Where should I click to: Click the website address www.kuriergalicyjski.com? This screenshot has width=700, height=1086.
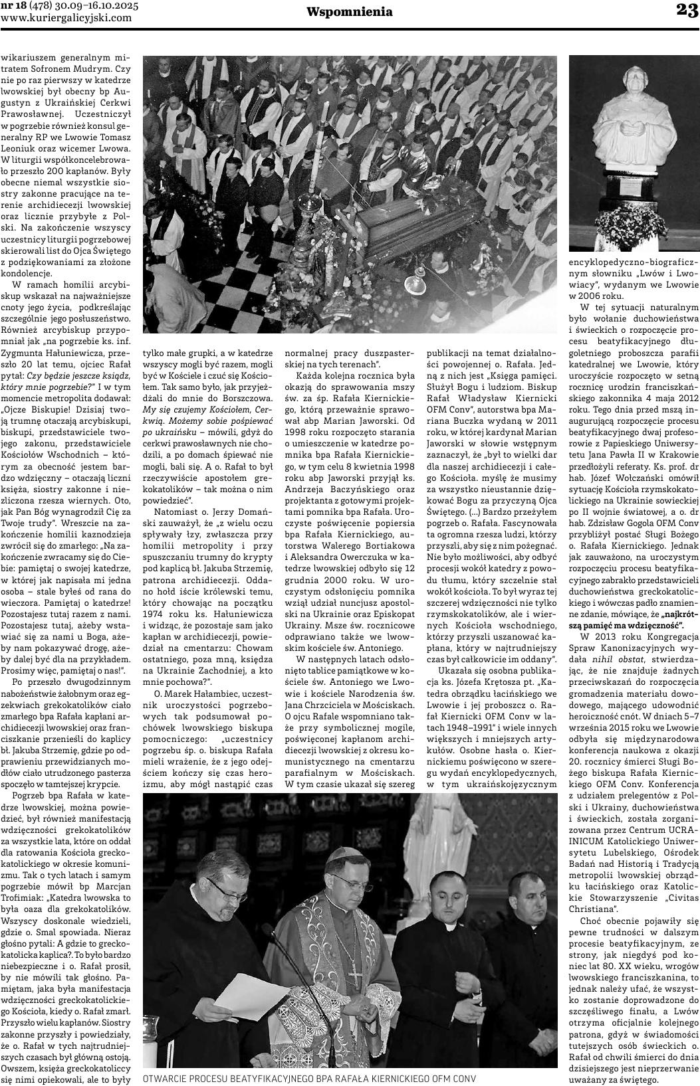pyautogui.click(x=66, y=18)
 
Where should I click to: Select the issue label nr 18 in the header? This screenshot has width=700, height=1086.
pyautogui.click(x=15, y=6)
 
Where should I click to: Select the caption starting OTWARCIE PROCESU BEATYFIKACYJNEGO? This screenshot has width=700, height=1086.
pyautogui.click(x=310, y=1077)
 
